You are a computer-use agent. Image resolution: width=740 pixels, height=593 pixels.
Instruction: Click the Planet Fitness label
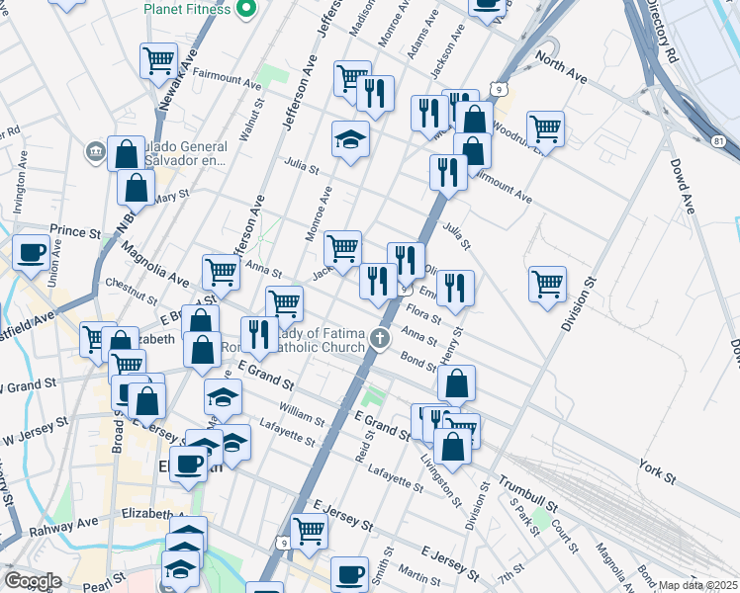pos(187,9)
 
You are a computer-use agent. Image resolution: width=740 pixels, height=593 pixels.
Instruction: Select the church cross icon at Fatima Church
pos(378,341)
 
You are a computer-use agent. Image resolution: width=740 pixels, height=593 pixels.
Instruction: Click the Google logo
pos(33,581)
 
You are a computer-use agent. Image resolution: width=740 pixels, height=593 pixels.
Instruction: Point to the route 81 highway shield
pos(717,142)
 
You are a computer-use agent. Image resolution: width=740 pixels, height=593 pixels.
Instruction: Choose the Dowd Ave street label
pos(684,186)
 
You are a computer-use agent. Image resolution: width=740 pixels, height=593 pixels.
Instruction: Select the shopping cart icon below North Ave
pos(545,127)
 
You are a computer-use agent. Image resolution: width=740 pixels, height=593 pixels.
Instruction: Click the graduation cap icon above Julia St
pos(350,137)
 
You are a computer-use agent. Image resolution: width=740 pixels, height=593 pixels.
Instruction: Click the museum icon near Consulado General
pos(96,151)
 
